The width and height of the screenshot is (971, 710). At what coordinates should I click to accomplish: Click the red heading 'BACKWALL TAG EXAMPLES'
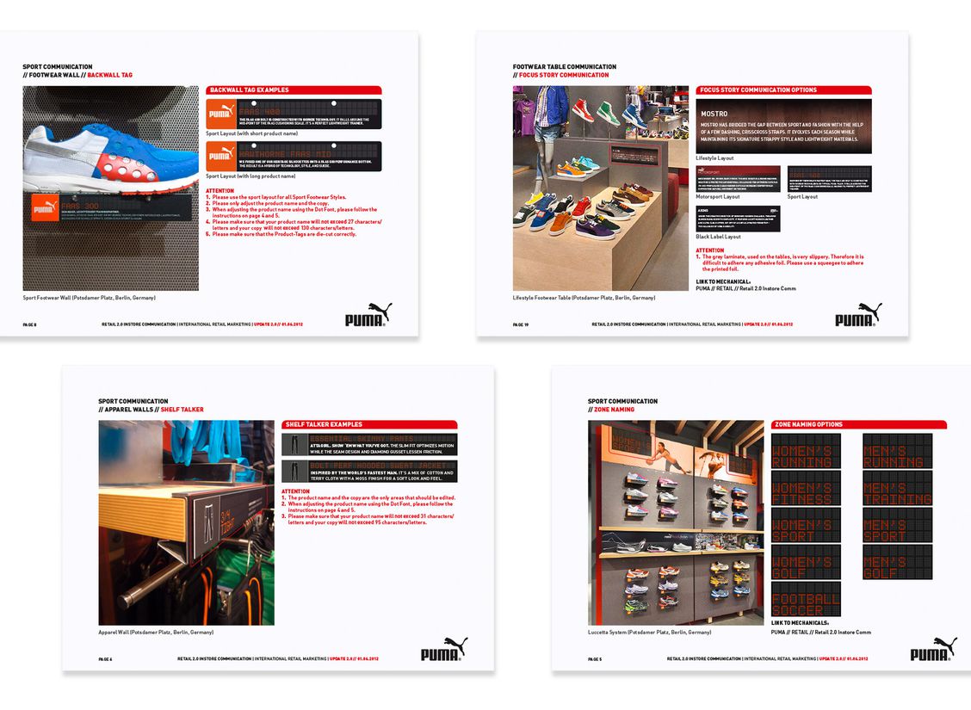(x=250, y=90)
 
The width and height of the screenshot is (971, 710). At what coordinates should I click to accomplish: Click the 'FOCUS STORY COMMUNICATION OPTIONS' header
(x=758, y=90)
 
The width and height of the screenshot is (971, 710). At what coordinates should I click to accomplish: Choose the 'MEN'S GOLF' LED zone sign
(x=897, y=562)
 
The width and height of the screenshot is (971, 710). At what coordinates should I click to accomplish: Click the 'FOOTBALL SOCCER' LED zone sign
(x=806, y=599)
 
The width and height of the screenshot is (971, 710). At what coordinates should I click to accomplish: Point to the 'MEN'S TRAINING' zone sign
(x=897, y=488)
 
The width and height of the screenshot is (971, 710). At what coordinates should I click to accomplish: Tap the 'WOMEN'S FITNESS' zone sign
(x=806, y=488)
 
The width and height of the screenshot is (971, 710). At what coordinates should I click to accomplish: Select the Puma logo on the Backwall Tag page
(x=368, y=316)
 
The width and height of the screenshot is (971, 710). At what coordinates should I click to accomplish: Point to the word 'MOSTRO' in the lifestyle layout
(x=714, y=114)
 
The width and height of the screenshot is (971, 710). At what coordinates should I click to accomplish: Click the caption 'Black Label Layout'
(x=718, y=237)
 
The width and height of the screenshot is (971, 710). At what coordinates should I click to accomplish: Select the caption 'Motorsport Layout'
(x=718, y=196)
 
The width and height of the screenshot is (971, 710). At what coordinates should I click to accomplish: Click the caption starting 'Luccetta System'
(x=650, y=633)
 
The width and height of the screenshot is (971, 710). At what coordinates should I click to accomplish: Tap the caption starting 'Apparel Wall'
(x=156, y=633)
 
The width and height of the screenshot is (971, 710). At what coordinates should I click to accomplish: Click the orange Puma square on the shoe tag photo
(x=45, y=209)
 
